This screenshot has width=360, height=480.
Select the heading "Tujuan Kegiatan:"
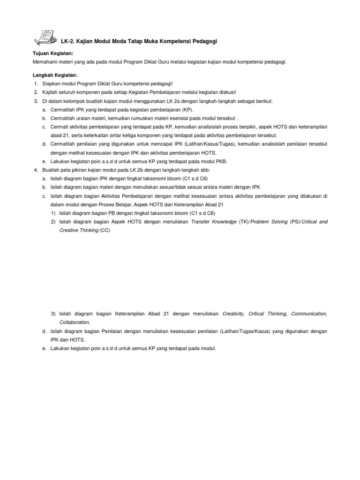[53, 54]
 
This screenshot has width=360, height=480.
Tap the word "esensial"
[190, 118]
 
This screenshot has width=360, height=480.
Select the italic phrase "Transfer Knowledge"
[214, 221]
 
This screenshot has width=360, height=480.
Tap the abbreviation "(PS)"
[295, 221]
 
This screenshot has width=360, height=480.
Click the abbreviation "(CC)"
[105, 230]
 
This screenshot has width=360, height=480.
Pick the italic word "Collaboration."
[75, 322]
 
